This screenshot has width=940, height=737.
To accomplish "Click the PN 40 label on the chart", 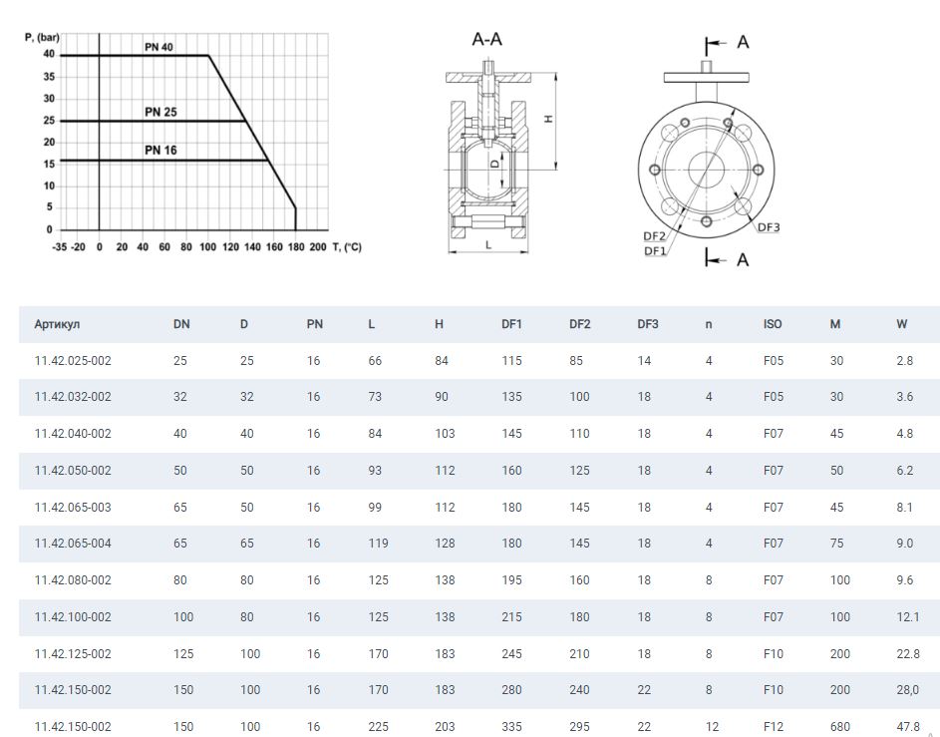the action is pos(158,47).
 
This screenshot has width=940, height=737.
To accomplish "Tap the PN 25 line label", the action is pos(160,112).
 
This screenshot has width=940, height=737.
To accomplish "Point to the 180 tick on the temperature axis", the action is pos(296,246).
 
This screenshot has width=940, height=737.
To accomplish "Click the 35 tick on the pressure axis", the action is pos(49,77).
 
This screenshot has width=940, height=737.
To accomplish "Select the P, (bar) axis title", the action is pos(42,37).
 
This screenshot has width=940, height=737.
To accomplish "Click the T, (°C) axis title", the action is pos(347,246).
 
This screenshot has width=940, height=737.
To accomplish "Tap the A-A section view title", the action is pos(486,39).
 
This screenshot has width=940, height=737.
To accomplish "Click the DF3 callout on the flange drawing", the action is pos(769,227).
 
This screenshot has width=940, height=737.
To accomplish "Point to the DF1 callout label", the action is pos(655,250).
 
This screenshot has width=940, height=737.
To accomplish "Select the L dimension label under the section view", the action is pos(488,244).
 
